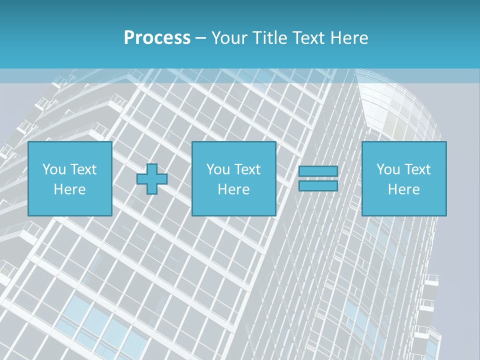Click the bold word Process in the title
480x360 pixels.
point(157,38)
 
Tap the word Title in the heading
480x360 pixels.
point(269,38)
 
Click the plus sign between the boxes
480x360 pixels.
point(152,179)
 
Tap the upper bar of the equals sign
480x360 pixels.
point(318,171)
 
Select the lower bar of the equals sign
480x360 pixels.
point(318,186)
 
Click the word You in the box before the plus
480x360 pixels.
point(54,169)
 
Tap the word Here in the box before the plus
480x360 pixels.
point(70,189)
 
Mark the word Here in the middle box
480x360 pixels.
point(234,189)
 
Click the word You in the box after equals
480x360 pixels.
point(388,169)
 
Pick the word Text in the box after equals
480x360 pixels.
point(417,169)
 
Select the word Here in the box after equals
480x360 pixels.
point(404,189)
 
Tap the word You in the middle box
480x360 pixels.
point(218,169)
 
